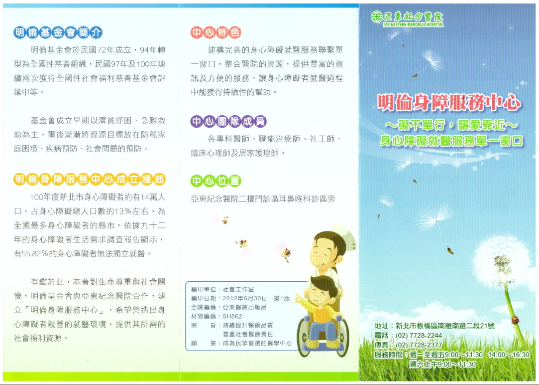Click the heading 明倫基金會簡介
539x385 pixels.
pyautogui.click(x=58, y=32)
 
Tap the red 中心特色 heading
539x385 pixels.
pyautogui.click(x=216, y=32)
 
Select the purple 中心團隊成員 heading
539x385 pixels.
pyautogui.click(x=228, y=121)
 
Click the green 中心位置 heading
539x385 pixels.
pyautogui.click(x=216, y=181)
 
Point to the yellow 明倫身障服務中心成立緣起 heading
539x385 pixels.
pyautogui.click(x=90, y=179)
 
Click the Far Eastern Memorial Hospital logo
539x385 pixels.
pyautogui.click(x=407, y=18)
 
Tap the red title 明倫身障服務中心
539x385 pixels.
pyautogui.click(x=449, y=102)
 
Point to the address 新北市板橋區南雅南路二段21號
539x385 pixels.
pyautogui.click(x=445, y=326)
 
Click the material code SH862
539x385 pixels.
pyautogui.click(x=232, y=316)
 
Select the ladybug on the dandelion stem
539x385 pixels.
pyautogui.click(x=515, y=320)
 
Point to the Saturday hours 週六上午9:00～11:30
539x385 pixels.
pyautogui.click(x=443, y=364)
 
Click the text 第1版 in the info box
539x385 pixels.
pyautogui.click(x=282, y=298)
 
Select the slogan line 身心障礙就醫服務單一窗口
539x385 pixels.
pyautogui.click(x=451, y=141)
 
